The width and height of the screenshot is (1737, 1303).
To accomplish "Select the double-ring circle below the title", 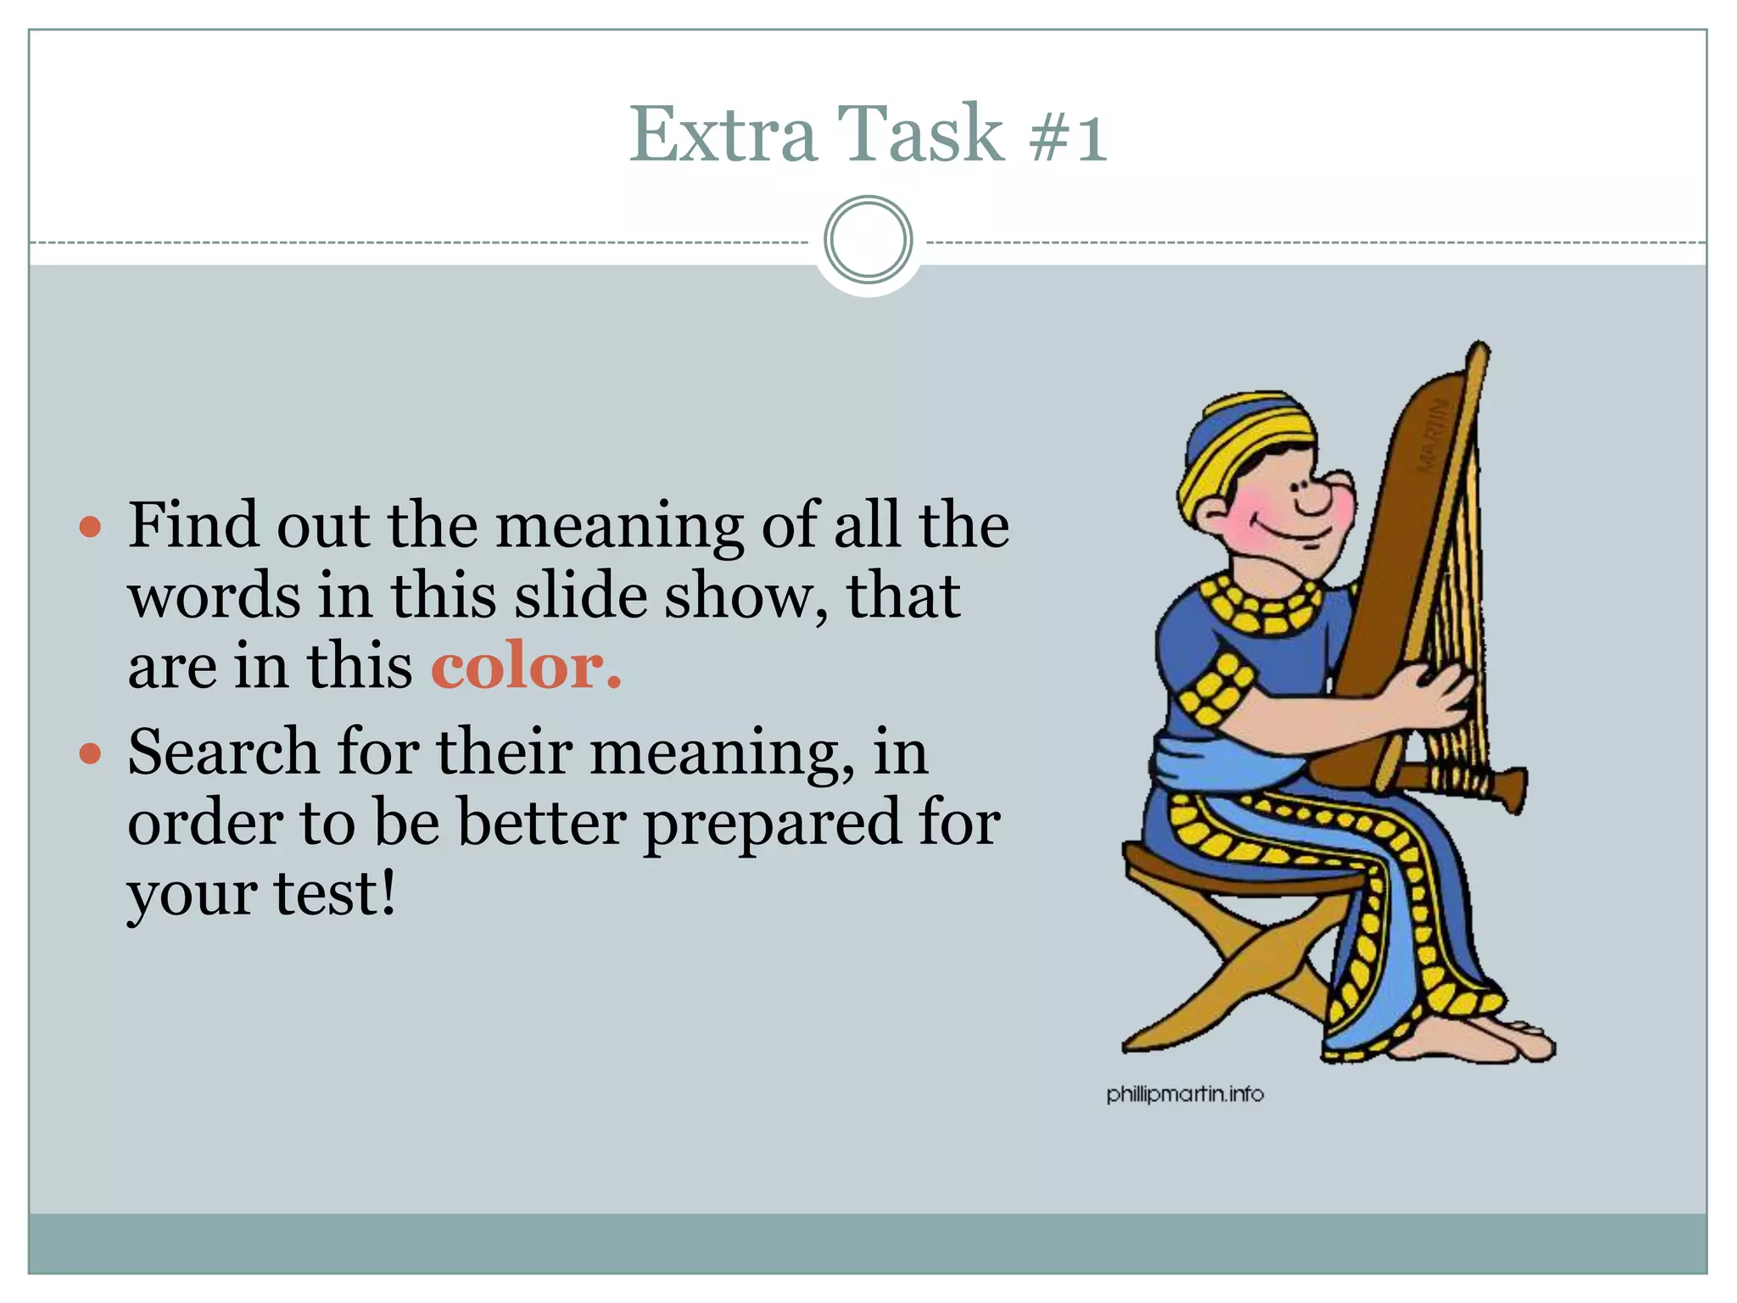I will point(868,240).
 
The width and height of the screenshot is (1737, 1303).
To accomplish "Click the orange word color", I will point(526,667).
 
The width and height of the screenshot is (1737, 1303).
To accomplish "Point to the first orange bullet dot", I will point(90,528).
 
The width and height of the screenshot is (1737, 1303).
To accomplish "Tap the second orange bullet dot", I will point(90,753).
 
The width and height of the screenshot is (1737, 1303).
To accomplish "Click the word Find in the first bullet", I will point(193,526).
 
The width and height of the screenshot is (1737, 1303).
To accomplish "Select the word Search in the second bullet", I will point(222,752).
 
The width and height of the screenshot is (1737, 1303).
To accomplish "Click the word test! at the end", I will point(334,894).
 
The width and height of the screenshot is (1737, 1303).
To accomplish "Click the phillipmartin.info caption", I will point(1185,1094).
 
